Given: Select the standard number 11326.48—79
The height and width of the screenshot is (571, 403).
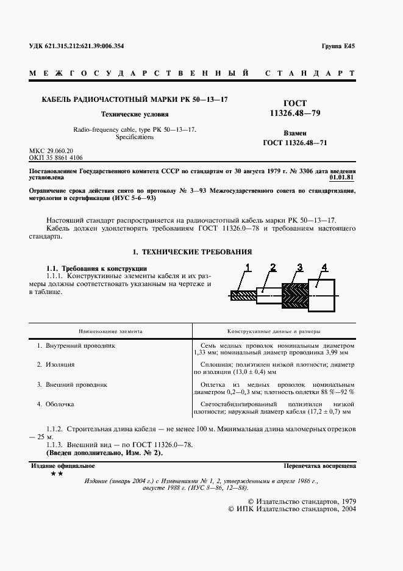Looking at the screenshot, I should pos(296,113).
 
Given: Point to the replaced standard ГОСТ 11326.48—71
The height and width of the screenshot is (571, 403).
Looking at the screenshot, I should pos(295,143).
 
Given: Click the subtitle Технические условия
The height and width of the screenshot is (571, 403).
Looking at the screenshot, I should pos(134,114).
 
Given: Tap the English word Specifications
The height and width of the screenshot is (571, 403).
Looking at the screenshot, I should pos(134,138).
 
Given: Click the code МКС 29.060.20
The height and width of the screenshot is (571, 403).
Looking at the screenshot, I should pos(51,150).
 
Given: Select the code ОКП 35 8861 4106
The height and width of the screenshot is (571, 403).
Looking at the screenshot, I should pos(55,157).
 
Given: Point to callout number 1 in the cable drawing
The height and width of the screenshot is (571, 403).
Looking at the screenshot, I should pos(248,266).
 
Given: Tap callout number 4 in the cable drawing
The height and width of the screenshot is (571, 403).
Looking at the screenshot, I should pos(324,266).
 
